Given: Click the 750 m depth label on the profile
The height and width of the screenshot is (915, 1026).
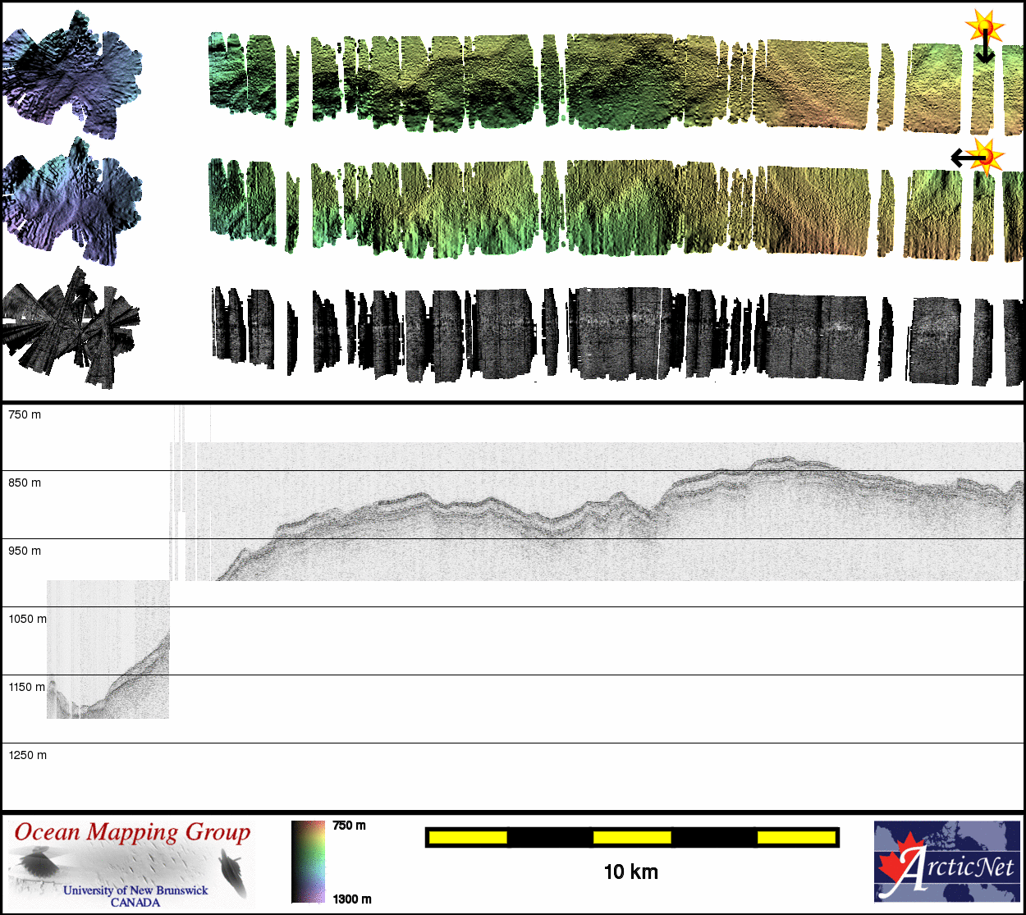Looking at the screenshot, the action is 25,414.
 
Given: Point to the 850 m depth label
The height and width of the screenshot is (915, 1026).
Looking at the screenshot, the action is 25,483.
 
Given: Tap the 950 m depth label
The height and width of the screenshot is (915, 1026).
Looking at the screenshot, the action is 25,551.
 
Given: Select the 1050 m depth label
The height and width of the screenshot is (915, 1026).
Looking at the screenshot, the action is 27,619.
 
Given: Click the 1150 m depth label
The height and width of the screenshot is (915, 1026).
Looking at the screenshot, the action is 27,687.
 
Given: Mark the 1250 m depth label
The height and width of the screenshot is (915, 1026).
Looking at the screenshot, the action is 27,755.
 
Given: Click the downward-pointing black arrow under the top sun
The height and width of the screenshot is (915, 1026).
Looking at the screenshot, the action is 985,47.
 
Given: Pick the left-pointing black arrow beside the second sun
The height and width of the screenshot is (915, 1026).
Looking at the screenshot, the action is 968,158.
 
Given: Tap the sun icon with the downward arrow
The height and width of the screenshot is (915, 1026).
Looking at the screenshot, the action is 984,25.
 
